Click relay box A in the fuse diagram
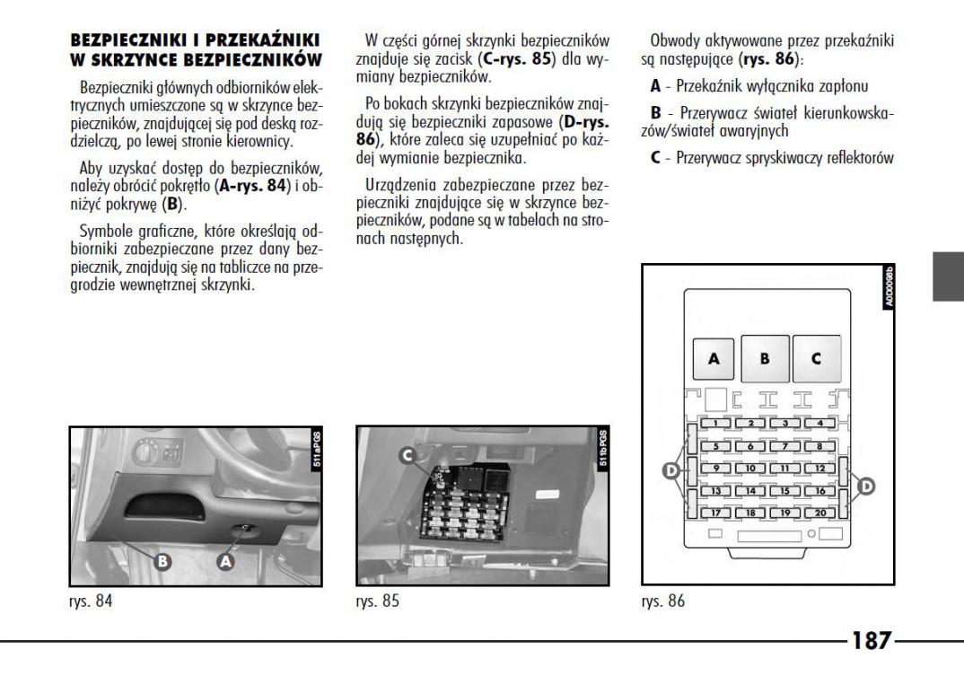point(714,357)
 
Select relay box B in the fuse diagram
point(765,357)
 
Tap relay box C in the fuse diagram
point(816,357)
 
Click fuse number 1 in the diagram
point(714,423)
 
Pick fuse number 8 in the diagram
point(819,446)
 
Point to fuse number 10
point(749,469)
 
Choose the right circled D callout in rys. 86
point(865,486)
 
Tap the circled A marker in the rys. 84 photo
point(226,560)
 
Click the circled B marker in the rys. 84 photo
point(162,562)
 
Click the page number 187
point(872,641)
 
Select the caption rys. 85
point(378,601)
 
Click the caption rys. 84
point(92,601)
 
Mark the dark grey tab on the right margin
point(949,277)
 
